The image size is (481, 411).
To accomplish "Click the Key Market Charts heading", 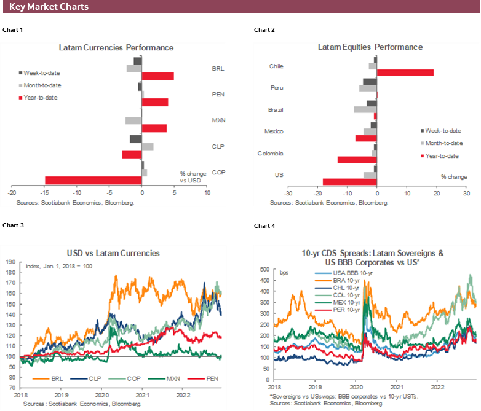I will click(x=49, y=7).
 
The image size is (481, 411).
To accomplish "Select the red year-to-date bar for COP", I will click(x=93, y=180).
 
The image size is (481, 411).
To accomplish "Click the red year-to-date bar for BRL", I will click(x=158, y=76).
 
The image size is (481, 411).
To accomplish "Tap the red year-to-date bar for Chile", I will click(x=405, y=72).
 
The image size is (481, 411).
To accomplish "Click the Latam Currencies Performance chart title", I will click(x=116, y=47).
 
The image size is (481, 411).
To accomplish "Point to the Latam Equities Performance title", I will click(x=370, y=47).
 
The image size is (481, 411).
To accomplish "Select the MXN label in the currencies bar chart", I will click(x=218, y=120).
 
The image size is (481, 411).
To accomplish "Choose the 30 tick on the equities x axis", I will click(x=466, y=193).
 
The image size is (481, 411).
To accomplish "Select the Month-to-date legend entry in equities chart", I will click(x=442, y=143).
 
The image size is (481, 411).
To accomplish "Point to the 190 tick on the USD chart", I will click(x=10, y=262).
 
